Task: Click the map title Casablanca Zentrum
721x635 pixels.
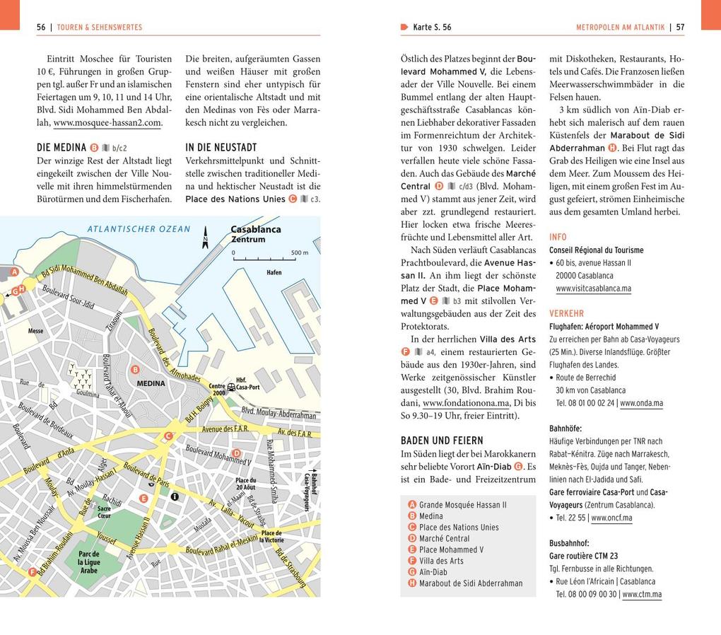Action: [255, 234]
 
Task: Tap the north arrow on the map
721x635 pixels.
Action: [206, 238]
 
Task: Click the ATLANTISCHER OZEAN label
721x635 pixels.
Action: [139, 228]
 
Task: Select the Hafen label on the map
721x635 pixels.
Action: [274, 272]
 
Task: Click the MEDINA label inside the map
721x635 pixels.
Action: [151, 383]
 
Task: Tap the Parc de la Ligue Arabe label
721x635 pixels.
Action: [89, 562]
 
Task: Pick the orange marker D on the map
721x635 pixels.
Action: [236, 453]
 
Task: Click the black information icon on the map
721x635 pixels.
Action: [175, 496]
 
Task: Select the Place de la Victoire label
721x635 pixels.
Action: [271, 536]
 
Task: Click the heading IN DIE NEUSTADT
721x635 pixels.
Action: [221, 148]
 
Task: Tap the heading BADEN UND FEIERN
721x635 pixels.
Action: [442, 441]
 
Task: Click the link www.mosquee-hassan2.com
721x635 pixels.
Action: [107, 122]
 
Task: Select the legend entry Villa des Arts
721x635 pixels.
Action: [441, 561]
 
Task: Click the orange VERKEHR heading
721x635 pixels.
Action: [566, 313]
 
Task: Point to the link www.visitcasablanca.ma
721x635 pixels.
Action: [593, 289]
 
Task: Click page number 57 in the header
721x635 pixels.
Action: [680, 28]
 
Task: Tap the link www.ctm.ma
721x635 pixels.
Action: [642, 594]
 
